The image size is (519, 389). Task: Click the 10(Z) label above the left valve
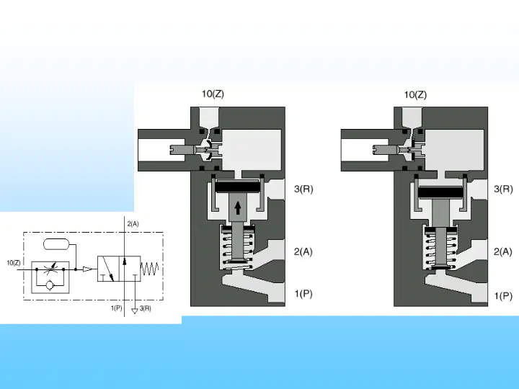click(x=213, y=94)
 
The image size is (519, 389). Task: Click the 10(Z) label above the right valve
click(x=415, y=95)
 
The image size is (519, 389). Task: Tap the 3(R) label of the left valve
click(x=303, y=189)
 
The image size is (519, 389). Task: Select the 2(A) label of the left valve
click(x=303, y=251)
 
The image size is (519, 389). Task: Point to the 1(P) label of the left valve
click(x=303, y=294)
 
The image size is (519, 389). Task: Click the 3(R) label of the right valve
click(x=503, y=189)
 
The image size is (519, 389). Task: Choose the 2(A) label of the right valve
click(x=503, y=251)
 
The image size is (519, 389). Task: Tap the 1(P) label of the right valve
click(x=503, y=296)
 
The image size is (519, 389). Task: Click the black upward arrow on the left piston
click(x=238, y=208)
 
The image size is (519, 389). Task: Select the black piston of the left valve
click(x=237, y=187)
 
